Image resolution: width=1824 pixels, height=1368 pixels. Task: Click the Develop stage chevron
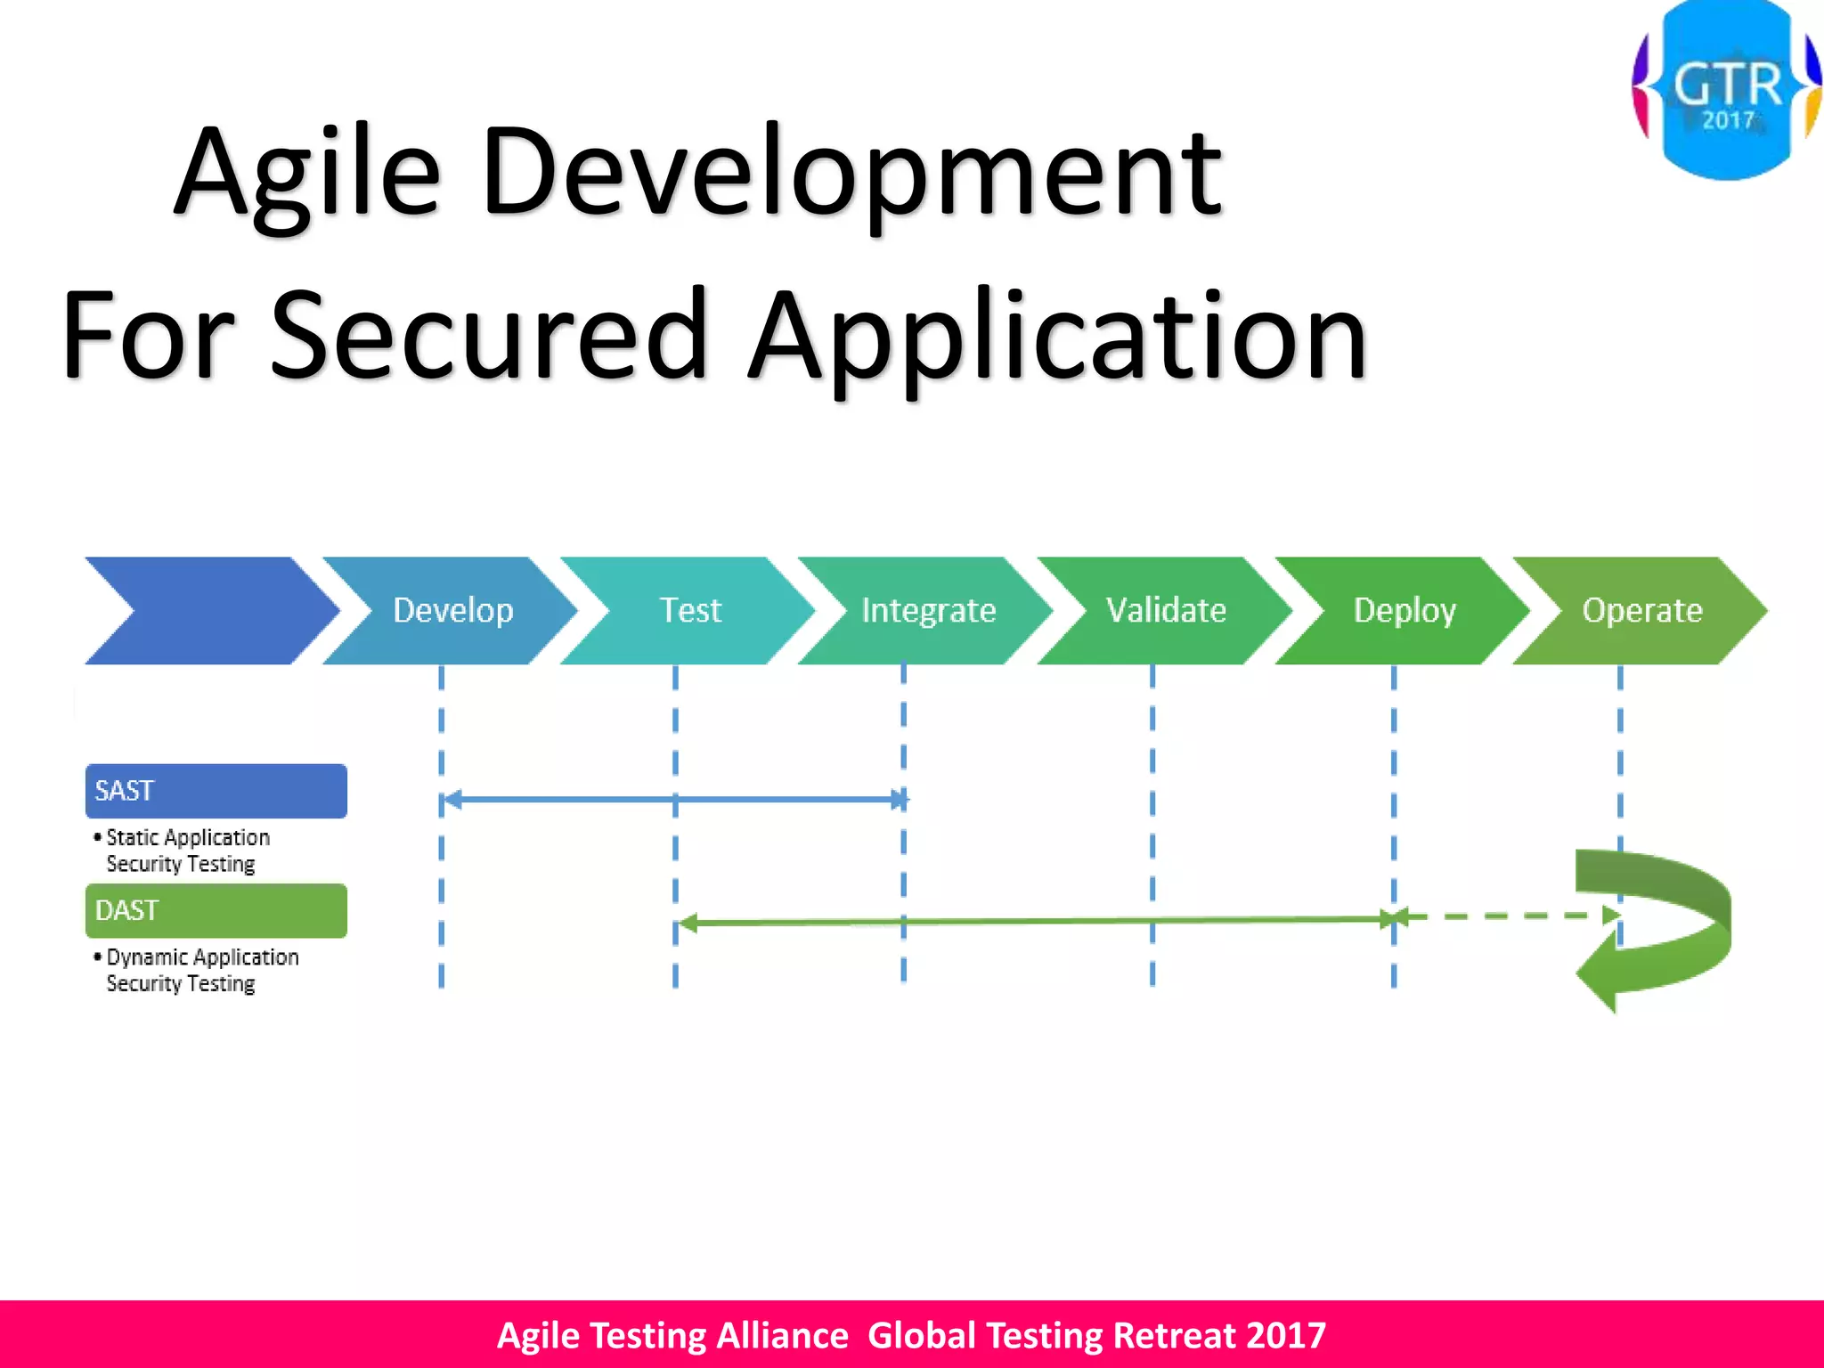(x=452, y=611)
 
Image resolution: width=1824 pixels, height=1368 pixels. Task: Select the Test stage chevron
(x=690, y=611)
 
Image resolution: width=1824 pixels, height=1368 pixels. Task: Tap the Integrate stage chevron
(x=928, y=611)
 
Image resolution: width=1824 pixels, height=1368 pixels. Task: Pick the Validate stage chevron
(x=1166, y=611)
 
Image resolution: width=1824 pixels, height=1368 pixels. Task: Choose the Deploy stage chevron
(x=1405, y=611)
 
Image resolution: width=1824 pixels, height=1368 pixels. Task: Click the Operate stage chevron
(x=1641, y=611)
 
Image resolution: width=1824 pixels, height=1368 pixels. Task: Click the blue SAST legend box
(x=216, y=791)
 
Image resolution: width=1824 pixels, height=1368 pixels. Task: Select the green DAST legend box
(x=216, y=910)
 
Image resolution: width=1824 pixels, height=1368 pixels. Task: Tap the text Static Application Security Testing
(x=187, y=851)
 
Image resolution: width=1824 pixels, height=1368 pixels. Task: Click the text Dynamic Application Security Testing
(x=200, y=970)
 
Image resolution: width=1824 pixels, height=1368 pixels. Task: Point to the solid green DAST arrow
(x=1033, y=921)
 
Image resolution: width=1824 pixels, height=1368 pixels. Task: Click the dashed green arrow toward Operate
(x=1505, y=916)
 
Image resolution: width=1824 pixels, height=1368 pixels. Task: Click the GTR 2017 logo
(x=1726, y=89)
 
